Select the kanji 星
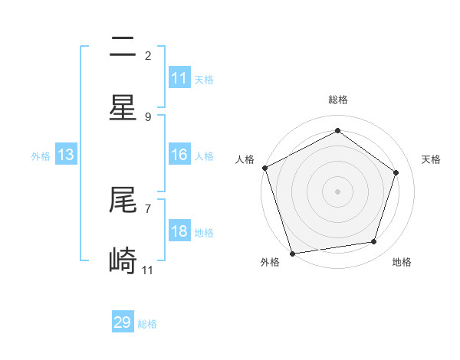[x=123, y=108]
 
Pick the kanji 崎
[x=123, y=261]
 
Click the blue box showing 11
[x=179, y=78]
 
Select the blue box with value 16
[x=179, y=155]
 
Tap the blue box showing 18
[x=179, y=231]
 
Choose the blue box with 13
[x=66, y=155]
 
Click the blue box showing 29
[x=123, y=322]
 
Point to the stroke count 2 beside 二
[x=148, y=55]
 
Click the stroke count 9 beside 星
[x=148, y=116]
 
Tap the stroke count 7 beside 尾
[x=148, y=208]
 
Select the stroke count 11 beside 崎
[x=148, y=270]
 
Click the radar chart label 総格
[x=337, y=100]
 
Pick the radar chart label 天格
[x=431, y=159]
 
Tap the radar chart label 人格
[x=245, y=159]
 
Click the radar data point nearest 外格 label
[x=291, y=252]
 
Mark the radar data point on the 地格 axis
[x=374, y=241]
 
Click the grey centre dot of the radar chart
[x=337, y=191]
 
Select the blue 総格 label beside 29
[x=147, y=324]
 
